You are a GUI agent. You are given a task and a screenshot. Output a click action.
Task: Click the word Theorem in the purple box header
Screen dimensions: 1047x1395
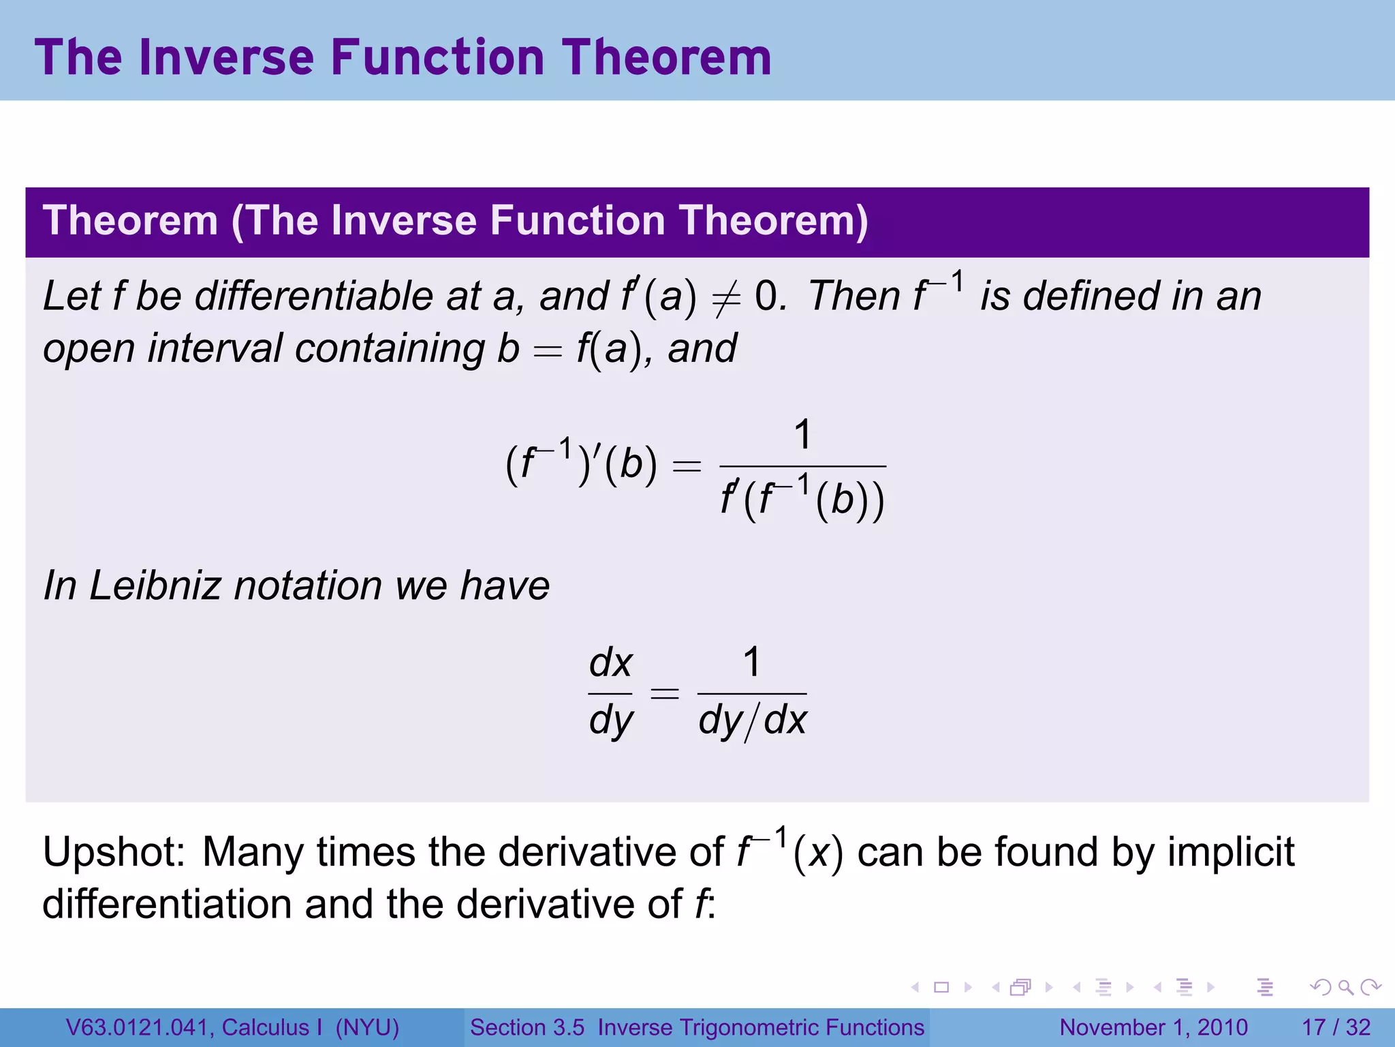[x=130, y=222]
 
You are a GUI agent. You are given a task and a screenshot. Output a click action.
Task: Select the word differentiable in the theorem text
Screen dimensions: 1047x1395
[x=314, y=297]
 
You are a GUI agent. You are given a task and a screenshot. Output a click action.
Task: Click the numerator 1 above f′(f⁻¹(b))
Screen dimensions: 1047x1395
[x=803, y=434]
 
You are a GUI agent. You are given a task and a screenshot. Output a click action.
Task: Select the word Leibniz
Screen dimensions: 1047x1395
[x=155, y=586]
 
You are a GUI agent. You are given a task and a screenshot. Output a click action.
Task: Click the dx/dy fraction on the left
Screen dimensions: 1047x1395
[x=611, y=693]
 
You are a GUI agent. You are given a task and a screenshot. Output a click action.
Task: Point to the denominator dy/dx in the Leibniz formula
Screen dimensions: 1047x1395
[x=752, y=720]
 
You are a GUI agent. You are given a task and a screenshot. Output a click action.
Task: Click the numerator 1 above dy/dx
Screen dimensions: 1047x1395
[x=751, y=662]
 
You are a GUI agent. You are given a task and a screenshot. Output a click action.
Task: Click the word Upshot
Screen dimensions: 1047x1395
[x=113, y=853]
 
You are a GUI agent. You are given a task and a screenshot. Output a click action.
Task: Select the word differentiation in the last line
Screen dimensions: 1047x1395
[x=167, y=905]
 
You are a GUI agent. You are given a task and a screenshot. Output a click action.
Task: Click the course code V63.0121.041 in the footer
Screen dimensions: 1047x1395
[x=139, y=1027]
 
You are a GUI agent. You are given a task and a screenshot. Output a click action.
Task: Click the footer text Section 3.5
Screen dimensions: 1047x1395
[x=527, y=1027]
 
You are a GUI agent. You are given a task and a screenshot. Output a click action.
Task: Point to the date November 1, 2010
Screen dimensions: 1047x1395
[x=1153, y=1027]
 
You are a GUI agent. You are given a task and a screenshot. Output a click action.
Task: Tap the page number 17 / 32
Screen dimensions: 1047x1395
[x=1336, y=1027]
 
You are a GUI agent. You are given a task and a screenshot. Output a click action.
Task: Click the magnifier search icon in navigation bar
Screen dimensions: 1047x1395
[x=1345, y=987]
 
